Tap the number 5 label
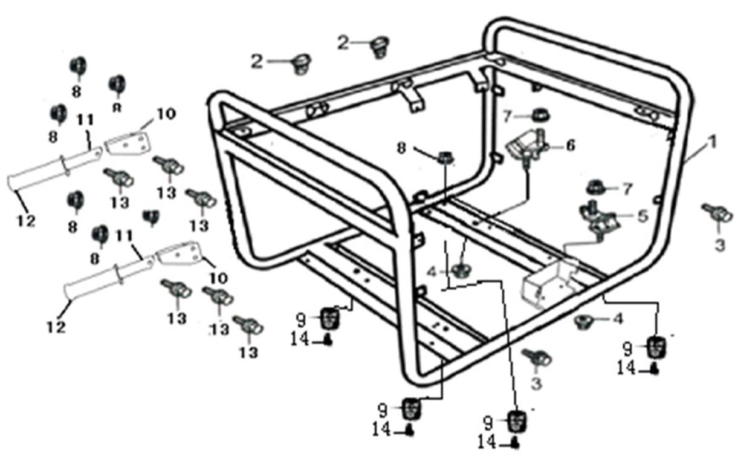click(642, 215)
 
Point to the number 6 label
click(571, 145)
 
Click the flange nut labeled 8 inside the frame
click(445, 158)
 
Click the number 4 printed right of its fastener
click(617, 318)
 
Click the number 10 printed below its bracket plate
click(219, 278)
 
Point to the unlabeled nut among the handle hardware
click(151, 216)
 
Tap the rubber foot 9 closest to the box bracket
click(658, 347)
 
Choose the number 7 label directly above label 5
click(627, 189)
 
